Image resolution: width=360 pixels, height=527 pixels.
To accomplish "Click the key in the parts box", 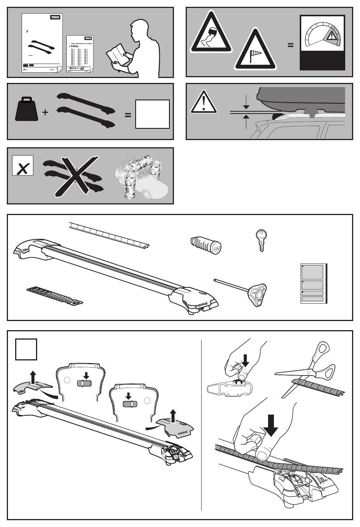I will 261,240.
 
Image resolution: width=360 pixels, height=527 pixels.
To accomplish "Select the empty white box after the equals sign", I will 152,114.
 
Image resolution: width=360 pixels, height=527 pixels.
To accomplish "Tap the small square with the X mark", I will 23,165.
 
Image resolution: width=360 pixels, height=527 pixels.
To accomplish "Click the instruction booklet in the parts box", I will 313,284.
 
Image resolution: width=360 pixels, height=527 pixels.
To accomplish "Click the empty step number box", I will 26,349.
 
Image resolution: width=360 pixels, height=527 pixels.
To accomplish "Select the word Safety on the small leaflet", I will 75,46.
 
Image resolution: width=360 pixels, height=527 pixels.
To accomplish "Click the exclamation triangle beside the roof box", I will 203,102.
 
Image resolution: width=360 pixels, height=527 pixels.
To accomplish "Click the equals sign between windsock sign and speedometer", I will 290,45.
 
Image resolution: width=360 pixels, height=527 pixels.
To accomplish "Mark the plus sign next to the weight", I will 45,112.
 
